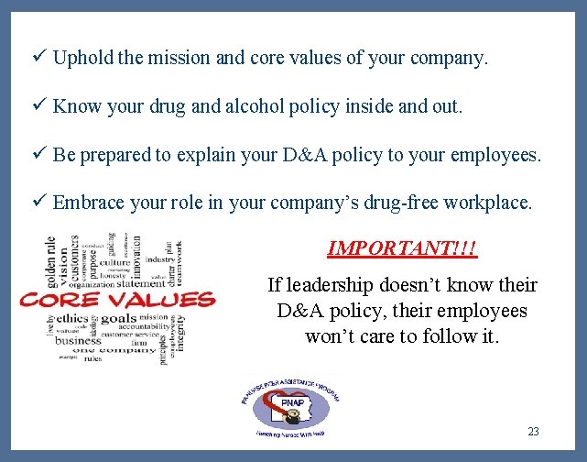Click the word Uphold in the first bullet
click(x=83, y=59)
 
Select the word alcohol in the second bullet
click(x=243, y=106)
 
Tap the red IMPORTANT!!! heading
click(x=403, y=248)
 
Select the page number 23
click(x=534, y=431)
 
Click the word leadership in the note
click(x=332, y=285)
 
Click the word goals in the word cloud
click(x=119, y=319)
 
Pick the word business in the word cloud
click(x=78, y=340)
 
